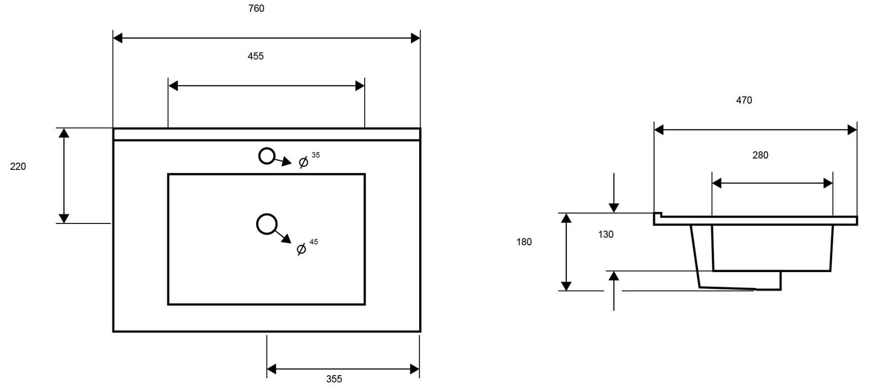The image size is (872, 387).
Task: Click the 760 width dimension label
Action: (x=256, y=9)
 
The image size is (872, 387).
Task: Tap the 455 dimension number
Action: (x=256, y=56)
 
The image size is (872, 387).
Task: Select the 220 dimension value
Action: (x=18, y=167)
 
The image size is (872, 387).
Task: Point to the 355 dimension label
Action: (x=334, y=379)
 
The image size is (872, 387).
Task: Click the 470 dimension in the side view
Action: (x=744, y=100)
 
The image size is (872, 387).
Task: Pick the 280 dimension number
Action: (x=760, y=155)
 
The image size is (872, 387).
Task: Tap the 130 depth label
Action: (x=606, y=234)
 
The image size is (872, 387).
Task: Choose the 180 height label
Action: (x=524, y=242)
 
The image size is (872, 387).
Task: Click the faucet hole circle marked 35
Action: (x=267, y=149)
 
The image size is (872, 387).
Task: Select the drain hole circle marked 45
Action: (x=267, y=214)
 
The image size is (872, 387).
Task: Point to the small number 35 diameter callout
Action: (x=316, y=155)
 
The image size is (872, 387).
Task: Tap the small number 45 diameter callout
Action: (x=314, y=242)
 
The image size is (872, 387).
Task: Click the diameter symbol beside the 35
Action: (x=303, y=162)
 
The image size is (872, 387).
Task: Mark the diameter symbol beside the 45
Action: (x=301, y=249)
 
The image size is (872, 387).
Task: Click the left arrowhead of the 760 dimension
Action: (x=118, y=38)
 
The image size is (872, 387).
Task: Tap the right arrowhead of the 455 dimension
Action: (x=360, y=85)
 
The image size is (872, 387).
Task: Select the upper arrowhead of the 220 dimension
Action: (x=64, y=133)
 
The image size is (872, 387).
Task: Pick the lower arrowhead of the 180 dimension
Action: (x=566, y=286)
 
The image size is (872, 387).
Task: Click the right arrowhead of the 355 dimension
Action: (x=415, y=369)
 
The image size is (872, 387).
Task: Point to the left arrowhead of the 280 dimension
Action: (x=717, y=184)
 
